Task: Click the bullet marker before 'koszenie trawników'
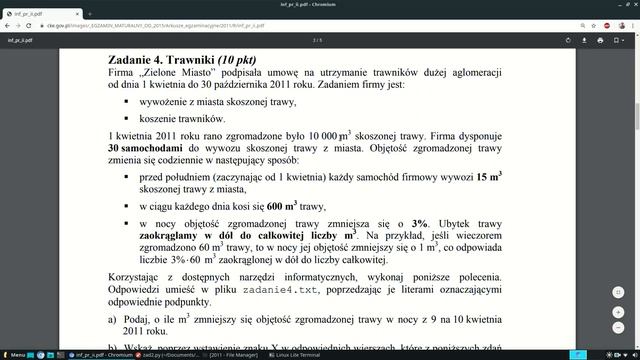pos(127,117)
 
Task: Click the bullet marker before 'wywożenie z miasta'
pos(127,102)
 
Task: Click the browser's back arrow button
pos(8,24)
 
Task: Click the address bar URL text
pos(150,24)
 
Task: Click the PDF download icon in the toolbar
pos(607,41)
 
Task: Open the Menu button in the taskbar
pos(14,354)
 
